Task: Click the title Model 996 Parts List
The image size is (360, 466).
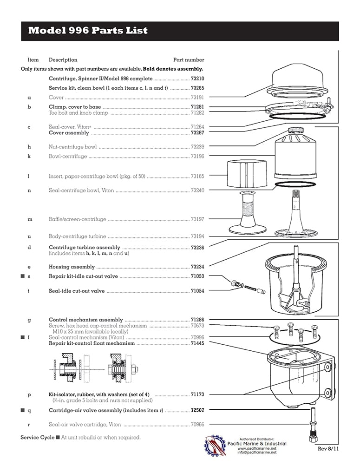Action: (x=88, y=31)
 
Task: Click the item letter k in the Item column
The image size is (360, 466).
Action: (x=29, y=156)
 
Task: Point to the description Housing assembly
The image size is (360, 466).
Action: (x=72, y=267)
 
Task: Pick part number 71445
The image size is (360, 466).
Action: (x=197, y=343)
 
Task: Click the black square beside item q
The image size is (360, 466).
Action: (x=22, y=410)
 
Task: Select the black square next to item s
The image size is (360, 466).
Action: (x=22, y=276)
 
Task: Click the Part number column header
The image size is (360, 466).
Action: (x=189, y=60)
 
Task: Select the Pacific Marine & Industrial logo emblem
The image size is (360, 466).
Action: (x=216, y=445)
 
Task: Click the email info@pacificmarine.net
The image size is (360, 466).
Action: (x=257, y=452)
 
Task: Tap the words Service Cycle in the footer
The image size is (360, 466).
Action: (x=37, y=437)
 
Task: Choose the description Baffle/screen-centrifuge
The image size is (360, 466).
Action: (x=77, y=219)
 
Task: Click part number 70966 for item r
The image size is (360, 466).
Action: (x=197, y=424)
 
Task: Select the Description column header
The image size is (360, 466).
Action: (x=63, y=60)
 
